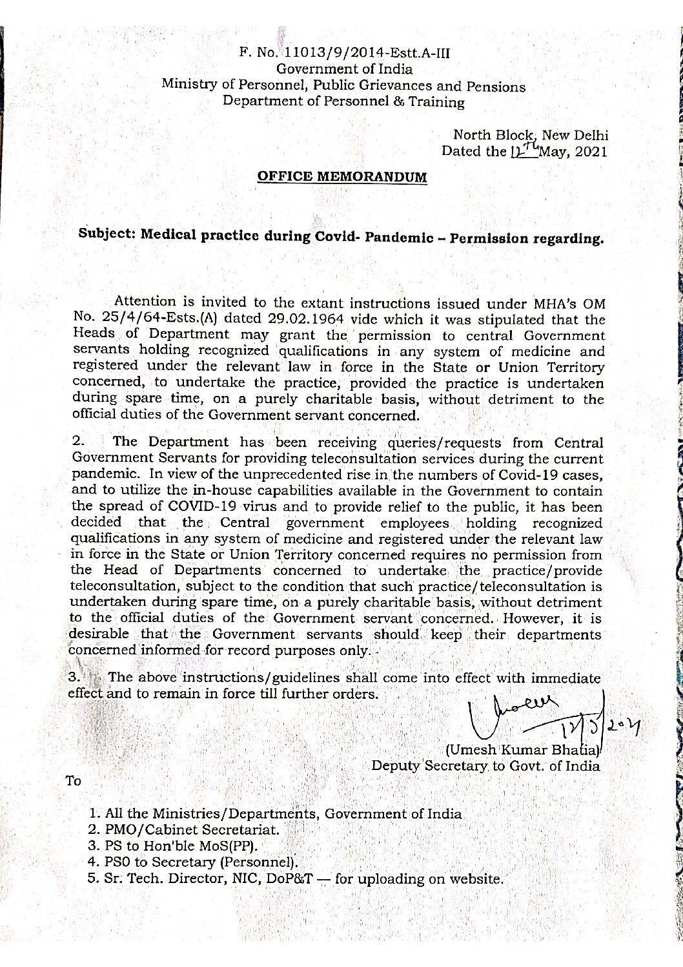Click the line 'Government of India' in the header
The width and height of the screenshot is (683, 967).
pyautogui.click(x=345, y=68)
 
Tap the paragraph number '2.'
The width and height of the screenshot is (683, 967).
pyautogui.click(x=79, y=442)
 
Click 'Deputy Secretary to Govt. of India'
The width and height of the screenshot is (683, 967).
pyautogui.click(x=485, y=766)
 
